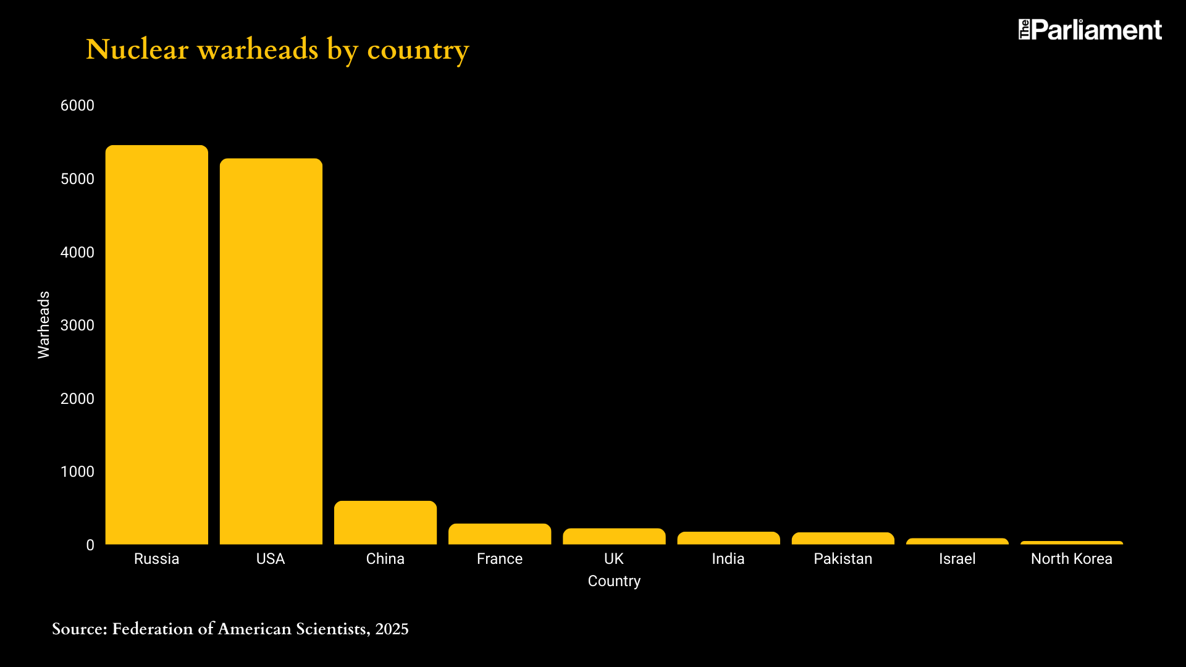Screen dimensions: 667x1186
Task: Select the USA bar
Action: pos(271,351)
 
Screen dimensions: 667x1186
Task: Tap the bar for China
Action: pos(385,522)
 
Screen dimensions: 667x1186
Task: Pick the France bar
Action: pos(500,534)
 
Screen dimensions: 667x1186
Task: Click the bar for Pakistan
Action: pos(843,539)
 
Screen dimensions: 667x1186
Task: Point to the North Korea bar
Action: pos(1072,543)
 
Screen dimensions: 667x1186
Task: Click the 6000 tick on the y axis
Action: pos(77,106)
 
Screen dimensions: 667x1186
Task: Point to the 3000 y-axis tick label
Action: pos(77,325)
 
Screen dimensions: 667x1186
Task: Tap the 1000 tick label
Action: pos(77,472)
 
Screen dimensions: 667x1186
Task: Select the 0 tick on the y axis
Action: pos(90,545)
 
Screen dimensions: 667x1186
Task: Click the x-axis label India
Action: pos(728,559)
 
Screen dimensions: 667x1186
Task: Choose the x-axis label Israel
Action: pos(957,559)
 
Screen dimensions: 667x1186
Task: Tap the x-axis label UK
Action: pos(614,559)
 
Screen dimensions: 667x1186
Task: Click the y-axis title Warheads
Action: pos(44,325)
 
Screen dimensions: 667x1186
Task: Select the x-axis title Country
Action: pos(614,581)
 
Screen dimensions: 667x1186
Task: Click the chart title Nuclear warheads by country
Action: pos(277,49)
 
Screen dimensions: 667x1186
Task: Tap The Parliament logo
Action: pos(1090,30)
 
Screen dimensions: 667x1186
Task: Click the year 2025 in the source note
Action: pos(392,629)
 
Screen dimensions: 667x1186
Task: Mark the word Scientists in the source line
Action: pos(333,629)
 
